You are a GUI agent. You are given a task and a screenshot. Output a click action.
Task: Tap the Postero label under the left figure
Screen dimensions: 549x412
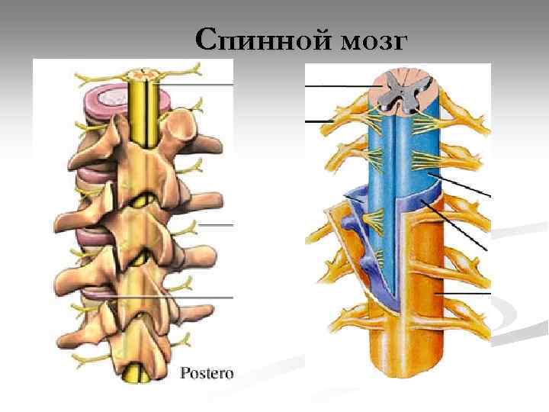point(207,373)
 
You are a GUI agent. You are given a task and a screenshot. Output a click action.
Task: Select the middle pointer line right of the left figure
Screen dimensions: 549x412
point(215,225)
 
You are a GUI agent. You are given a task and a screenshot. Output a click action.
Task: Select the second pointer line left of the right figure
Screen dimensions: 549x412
point(320,121)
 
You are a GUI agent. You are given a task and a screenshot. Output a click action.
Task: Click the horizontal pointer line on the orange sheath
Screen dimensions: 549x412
point(465,293)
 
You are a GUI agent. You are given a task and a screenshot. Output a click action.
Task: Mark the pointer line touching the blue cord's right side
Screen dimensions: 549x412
point(464,187)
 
